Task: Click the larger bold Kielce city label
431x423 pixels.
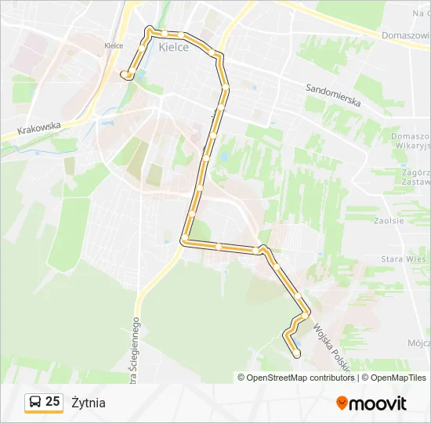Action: pyautogui.click(x=173, y=47)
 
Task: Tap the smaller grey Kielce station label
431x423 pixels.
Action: pyautogui.click(x=114, y=45)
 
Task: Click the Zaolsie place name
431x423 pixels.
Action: pyautogui.click(x=389, y=221)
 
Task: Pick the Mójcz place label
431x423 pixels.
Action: pyautogui.click(x=418, y=343)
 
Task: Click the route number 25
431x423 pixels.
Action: pyautogui.click(x=53, y=402)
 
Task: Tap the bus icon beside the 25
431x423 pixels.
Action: pyautogui.click(x=35, y=403)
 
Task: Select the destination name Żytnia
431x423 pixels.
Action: pyautogui.click(x=88, y=403)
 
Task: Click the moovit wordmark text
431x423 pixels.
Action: pyautogui.click(x=378, y=403)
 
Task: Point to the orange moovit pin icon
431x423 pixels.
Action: pyautogui.click(x=342, y=403)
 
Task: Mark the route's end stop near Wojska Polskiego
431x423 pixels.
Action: pyautogui.click(x=296, y=354)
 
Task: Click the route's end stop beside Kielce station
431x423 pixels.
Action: pyautogui.click(x=124, y=74)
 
